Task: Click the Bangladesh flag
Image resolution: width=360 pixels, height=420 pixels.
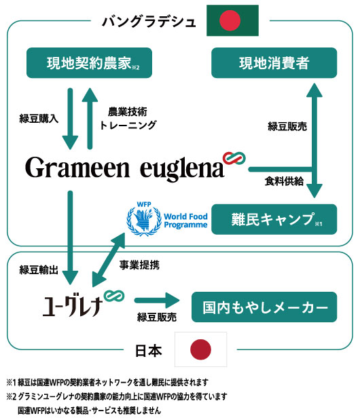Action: pos(232,20)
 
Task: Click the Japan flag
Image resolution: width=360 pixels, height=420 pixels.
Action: pos(201,349)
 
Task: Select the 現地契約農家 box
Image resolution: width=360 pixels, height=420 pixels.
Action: pos(89,63)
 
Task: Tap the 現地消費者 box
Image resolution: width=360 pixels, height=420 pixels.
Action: pos(274,63)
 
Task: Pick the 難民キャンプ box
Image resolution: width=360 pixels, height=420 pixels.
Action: pos(274,219)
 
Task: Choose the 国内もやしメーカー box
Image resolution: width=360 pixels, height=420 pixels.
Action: pos(264,307)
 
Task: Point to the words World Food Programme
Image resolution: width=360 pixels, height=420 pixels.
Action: pos(185,221)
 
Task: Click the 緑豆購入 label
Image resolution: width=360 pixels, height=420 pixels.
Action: pos(39,118)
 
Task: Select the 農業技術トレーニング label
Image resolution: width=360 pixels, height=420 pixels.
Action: pos(128,118)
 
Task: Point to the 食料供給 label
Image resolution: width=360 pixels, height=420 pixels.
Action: pos(284,181)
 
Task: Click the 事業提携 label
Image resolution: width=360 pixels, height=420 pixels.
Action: pos(139,265)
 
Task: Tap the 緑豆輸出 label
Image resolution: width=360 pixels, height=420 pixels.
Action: pos(39,270)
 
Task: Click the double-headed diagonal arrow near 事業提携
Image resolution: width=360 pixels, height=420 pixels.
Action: pos(109,260)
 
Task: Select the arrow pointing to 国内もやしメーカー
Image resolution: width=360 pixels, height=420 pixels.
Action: pos(157,301)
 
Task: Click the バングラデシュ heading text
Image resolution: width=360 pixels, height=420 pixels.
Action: pos(149,22)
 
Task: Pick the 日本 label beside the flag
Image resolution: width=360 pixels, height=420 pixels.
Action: pos(149,351)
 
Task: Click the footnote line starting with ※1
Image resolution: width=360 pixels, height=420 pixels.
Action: pos(107,382)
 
